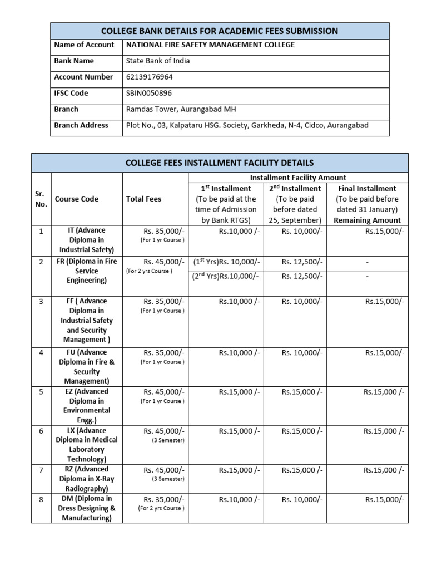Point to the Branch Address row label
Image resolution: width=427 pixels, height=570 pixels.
coord(81,125)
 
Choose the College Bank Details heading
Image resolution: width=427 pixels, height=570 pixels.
coord(220,31)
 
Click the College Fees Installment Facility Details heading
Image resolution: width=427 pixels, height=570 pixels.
coord(220,163)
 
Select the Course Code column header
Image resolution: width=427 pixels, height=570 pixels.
coord(77,199)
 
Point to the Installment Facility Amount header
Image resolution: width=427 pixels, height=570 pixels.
coord(298,178)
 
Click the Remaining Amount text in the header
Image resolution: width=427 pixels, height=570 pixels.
coord(367,220)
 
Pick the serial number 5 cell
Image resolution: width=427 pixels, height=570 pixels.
coord(41,391)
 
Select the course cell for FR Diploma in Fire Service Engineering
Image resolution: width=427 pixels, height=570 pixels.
coord(86,271)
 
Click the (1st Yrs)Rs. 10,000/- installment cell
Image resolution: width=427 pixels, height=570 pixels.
coord(226,262)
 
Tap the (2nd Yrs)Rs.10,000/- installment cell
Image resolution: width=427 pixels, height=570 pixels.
coord(226,276)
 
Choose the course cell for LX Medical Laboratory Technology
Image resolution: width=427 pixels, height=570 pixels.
coord(86,444)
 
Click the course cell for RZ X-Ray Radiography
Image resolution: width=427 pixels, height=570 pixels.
coord(86,478)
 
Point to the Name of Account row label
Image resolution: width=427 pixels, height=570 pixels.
coord(84,45)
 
